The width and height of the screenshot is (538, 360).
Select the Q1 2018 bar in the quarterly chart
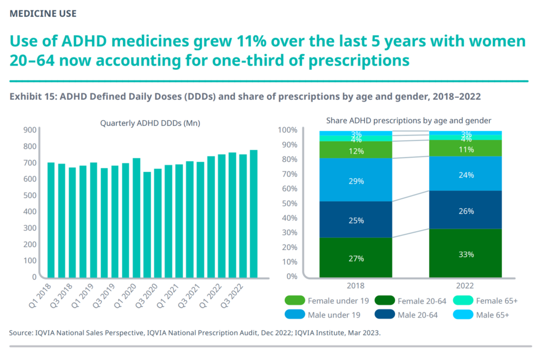click(51, 220)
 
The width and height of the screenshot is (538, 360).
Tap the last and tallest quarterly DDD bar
click(253, 213)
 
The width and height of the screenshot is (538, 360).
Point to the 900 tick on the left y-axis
click(29, 130)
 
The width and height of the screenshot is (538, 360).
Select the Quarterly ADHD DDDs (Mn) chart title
click(150, 123)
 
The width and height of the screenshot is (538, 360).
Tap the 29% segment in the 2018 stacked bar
click(356, 180)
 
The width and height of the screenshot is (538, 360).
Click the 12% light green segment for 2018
click(356, 150)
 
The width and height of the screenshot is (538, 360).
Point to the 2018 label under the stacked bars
click(356, 286)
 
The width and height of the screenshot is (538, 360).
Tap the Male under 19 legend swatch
click(293, 315)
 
